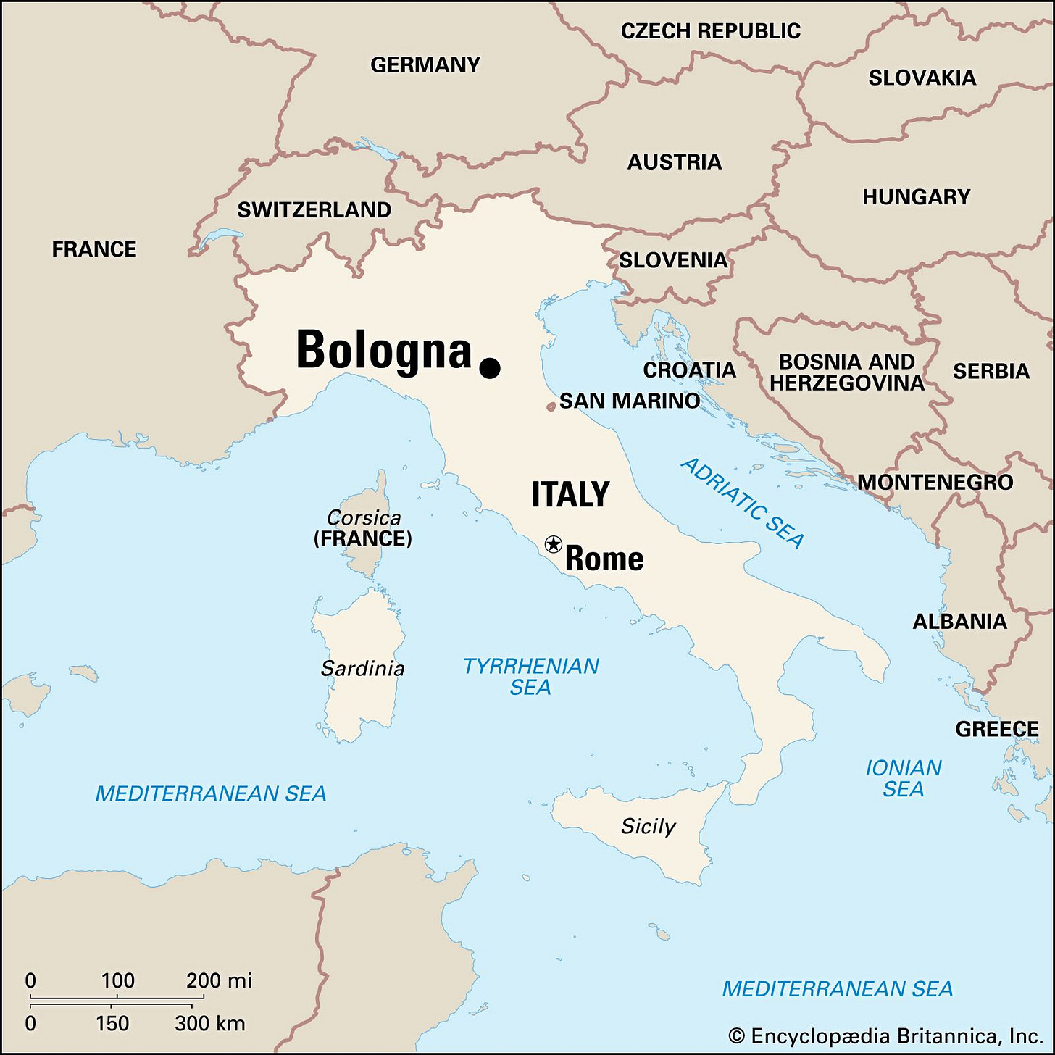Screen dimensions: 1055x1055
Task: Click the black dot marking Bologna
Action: point(490,368)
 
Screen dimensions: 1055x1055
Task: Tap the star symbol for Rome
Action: point(553,543)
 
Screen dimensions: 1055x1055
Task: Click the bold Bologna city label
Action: point(384,351)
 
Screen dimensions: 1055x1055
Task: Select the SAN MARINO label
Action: point(629,401)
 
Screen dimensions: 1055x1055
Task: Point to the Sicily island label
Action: point(648,826)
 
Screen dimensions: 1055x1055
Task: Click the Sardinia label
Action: point(362,668)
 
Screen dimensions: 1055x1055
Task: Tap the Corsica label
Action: point(364,517)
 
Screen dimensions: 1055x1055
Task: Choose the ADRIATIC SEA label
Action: point(743,503)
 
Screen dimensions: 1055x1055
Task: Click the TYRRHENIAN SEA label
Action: point(531,676)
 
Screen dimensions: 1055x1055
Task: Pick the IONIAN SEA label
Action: point(904,777)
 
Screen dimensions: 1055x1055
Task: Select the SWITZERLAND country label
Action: point(314,210)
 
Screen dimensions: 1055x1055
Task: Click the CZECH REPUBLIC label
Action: point(710,31)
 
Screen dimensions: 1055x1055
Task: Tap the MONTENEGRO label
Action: point(935,482)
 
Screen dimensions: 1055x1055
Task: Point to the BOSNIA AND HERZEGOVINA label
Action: point(846,372)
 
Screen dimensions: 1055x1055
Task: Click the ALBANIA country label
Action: point(959,621)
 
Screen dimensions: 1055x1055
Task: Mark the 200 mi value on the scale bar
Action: point(219,980)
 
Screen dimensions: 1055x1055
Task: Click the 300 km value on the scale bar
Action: point(210,1023)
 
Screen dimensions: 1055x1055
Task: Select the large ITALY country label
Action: point(570,494)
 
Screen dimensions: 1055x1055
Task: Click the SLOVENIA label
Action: point(672,260)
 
